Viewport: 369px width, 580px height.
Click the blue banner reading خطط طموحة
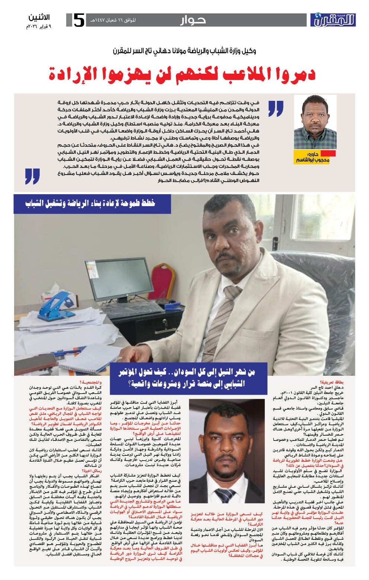[92, 204]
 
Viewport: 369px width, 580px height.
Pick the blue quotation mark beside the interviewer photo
[275, 108]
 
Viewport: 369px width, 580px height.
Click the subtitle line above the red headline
[184, 51]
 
